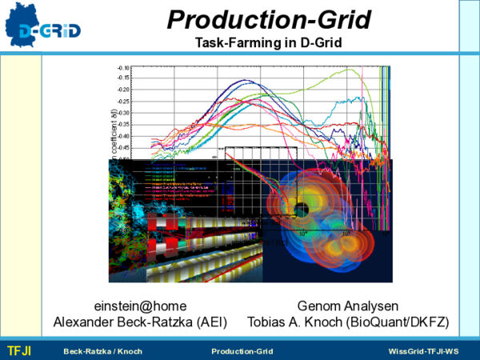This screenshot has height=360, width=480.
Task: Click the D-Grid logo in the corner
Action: pos(43,26)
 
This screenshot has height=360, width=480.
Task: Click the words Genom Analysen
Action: pos(348,306)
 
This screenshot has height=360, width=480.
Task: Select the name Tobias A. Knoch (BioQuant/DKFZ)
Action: pos(348,322)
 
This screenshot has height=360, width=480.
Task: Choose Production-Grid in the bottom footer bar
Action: pos(242,352)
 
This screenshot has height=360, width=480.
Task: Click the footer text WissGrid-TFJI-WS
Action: pos(423,352)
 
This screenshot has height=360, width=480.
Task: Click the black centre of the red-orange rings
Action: pos(302,210)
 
